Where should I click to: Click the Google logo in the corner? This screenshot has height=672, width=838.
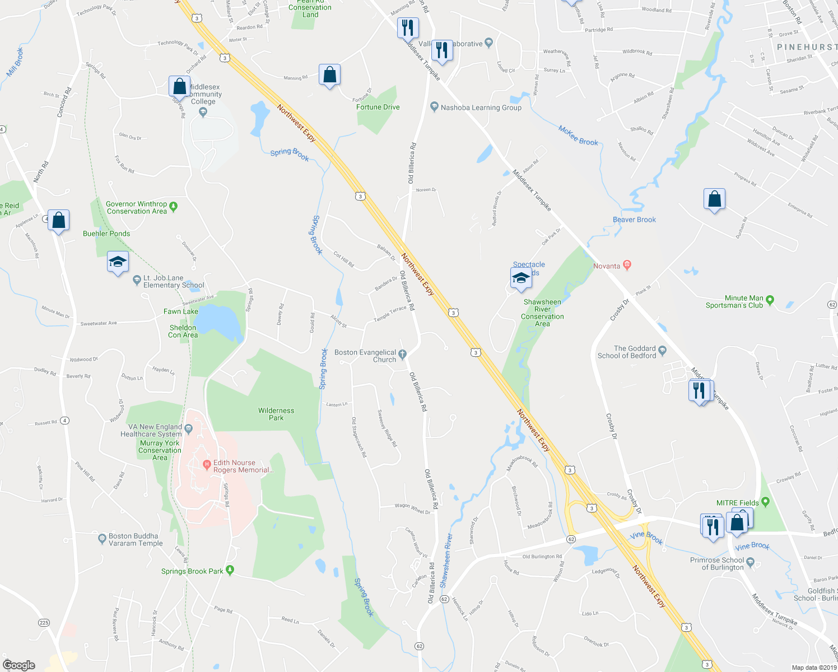pyautogui.click(x=19, y=665)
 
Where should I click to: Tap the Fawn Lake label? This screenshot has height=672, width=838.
pyautogui.click(x=180, y=311)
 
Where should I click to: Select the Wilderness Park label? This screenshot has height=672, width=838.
pyautogui.click(x=276, y=414)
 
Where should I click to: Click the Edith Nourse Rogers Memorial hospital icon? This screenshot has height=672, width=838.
pyautogui.click(x=207, y=463)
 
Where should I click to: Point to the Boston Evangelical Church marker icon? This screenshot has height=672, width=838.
pyautogui.click(x=402, y=353)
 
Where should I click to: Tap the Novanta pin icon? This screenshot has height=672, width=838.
pyautogui.click(x=627, y=266)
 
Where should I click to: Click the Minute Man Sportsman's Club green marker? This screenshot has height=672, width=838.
pyautogui.click(x=770, y=300)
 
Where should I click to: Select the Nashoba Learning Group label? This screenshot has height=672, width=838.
pyautogui.click(x=481, y=108)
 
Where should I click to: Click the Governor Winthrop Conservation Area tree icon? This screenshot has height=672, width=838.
pyautogui.click(x=173, y=207)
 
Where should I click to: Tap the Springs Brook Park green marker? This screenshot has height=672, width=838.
pyautogui.click(x=230, y=571)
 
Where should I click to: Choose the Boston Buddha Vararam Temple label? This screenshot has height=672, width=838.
pyautogui.click(x=136, y=539)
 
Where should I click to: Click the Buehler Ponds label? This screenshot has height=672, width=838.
pyautogui.click(x=106, y=234)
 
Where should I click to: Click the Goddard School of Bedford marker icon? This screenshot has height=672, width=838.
pyautogui.click(x=663, y=351)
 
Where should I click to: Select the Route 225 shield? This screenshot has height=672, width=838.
pyautogui.click(x=44, y=622)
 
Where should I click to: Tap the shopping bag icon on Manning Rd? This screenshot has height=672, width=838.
pyautogui.click(x=329, y=75)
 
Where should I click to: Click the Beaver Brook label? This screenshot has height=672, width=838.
pyautogui.click(x=634, y=220)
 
